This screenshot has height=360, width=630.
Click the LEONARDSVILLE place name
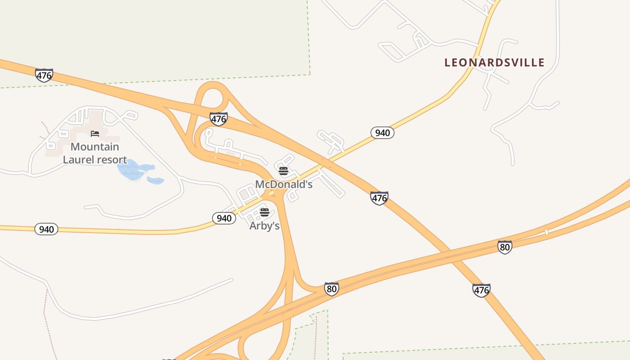point(495,63)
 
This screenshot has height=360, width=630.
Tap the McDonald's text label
point(283,184)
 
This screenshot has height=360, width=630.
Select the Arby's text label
point(265,225)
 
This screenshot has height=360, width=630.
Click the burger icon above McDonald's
point(283,171)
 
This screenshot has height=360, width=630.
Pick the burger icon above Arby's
point(264,212)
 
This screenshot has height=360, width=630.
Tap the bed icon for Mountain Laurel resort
point(95,134)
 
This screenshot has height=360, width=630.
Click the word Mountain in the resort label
point(95,147)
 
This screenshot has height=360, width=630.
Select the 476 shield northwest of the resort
point(44,75)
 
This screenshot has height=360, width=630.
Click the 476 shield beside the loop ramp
point(218,119)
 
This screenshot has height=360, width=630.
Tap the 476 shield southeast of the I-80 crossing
point(481,290)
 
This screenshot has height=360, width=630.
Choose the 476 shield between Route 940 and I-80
point(379,198)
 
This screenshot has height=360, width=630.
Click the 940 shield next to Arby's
point(224,218)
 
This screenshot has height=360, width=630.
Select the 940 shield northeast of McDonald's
point(382,132)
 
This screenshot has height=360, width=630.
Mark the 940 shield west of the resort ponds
point(46,229)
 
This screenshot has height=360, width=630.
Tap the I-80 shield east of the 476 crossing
point(505,247)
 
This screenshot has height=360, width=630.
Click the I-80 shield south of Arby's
point(332,288)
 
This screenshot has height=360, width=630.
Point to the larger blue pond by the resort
point(133,170)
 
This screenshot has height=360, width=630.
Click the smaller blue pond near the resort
point(156,180)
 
